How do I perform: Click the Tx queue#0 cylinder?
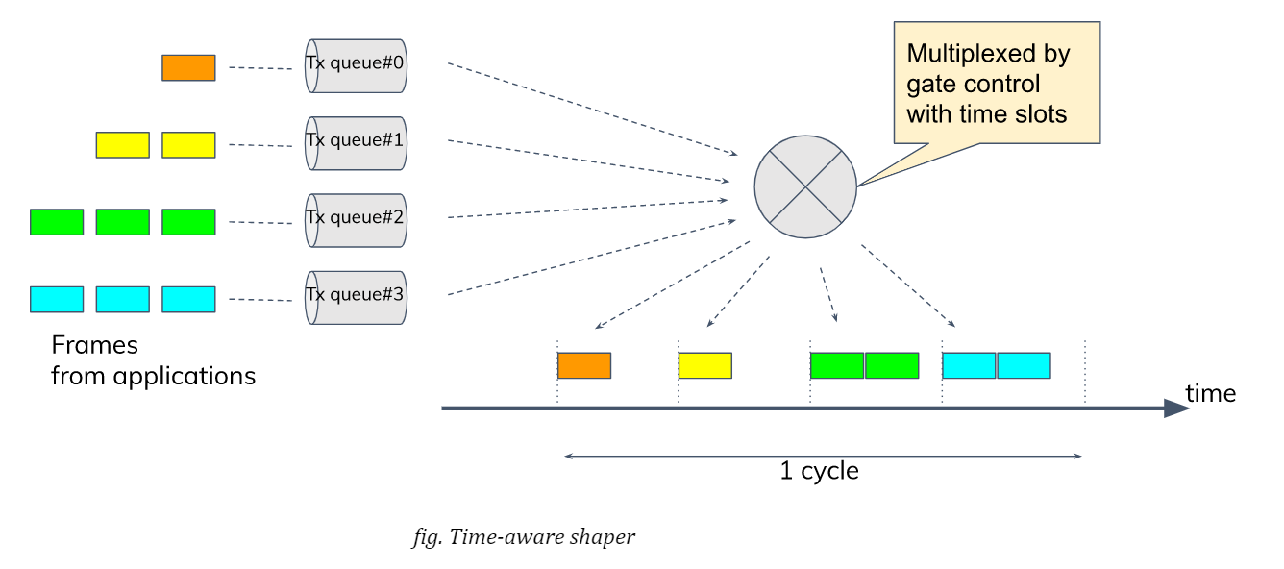coord(356,65)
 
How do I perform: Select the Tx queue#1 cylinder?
coord(356,143)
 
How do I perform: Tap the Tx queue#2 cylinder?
coord(356,220)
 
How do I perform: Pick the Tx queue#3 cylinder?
coord(356,297)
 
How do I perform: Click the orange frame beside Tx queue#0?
coord(188,67)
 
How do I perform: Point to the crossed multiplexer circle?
coord(804,186)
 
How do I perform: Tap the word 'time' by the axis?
coord(1210,393)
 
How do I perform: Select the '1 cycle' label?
coord(819,471)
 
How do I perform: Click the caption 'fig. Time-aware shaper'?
coord(523,537)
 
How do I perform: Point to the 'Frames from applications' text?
coord(153,360)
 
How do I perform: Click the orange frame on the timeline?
coord(584,365)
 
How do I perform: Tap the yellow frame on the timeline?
coord(705,365)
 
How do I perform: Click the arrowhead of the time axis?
coord(1176,408)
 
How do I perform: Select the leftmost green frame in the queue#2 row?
coord(57,222)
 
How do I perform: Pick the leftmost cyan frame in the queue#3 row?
coord(57,299)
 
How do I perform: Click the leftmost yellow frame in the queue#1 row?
coord(122,145)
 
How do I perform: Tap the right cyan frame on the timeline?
coord(1024,365)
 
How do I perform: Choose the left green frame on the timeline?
coord(837,365)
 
